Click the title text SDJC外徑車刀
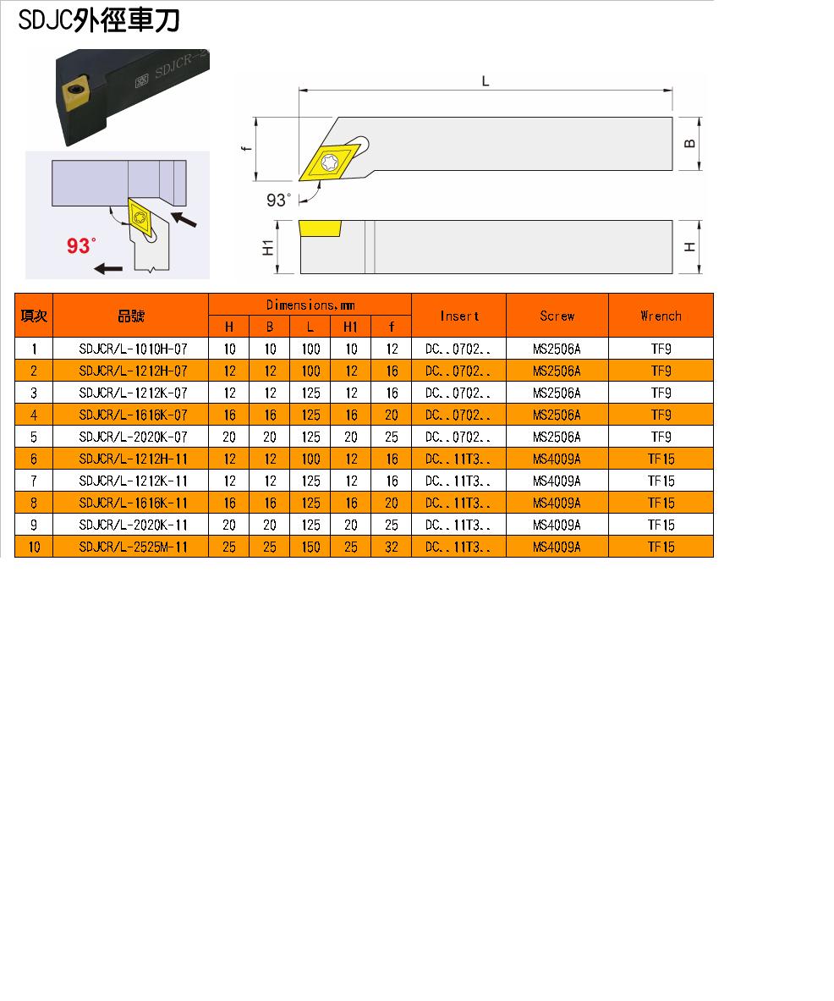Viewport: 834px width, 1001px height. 99,20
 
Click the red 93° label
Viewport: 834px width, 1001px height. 81,245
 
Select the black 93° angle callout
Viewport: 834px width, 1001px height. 278,201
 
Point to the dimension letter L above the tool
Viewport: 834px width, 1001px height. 486,81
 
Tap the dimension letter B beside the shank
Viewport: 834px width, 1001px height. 690,144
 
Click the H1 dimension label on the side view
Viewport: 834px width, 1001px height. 268,248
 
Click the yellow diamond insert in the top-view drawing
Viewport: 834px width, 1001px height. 330,162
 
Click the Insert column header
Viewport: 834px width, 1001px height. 458,316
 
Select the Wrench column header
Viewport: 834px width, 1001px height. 661,316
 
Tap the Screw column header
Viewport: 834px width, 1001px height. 557,316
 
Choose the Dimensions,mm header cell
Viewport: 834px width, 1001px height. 310,305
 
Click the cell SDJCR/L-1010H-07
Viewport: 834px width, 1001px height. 134,349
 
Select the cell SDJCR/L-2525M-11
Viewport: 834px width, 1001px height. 134,547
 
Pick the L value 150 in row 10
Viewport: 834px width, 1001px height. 310,547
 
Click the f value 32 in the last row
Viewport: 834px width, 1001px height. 391,547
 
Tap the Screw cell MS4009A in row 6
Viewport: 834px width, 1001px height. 557,459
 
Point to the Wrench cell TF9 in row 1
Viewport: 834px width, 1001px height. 661,349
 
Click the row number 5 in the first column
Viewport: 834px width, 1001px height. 34,437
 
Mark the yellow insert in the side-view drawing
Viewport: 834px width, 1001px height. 321,228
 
